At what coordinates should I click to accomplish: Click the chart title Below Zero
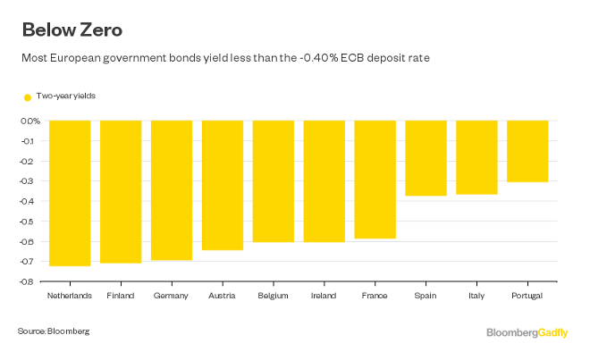(72, 29)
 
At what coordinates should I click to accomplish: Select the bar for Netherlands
(70, 192)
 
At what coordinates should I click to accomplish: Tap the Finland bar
(121, 191)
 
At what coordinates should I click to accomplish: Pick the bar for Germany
(172, 190)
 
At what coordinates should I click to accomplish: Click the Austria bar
(223, 185)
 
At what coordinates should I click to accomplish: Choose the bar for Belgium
(274, 181)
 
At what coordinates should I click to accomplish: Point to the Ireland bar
(324, 181)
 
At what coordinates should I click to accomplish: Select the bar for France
(375, 180)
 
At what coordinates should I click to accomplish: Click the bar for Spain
(426, 158)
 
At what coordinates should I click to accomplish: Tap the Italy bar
(476, 157)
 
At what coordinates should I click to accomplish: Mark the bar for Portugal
(527, 151)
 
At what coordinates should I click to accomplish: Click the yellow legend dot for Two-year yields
(28, 96)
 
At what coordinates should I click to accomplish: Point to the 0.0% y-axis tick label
(31, 121)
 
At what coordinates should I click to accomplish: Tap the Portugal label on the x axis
(527, 294)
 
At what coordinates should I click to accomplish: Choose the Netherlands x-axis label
(70, 294)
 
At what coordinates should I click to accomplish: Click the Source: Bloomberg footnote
(54, 331)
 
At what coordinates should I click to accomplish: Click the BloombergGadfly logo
(527, 332)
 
